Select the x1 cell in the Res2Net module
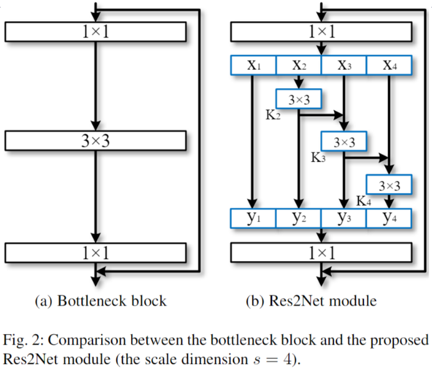point(253,66)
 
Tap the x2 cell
point(298,66)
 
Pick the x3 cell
point(343,66)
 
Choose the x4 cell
point(388,66)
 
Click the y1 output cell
point(253,218)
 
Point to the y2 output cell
point(298,218)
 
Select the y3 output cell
point(343,218)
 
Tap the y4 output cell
point(388,218)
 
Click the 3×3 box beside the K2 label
point(298,99)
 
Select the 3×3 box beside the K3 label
point(344,142)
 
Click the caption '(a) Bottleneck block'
point(100,301)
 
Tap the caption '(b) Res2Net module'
point(318,301)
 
